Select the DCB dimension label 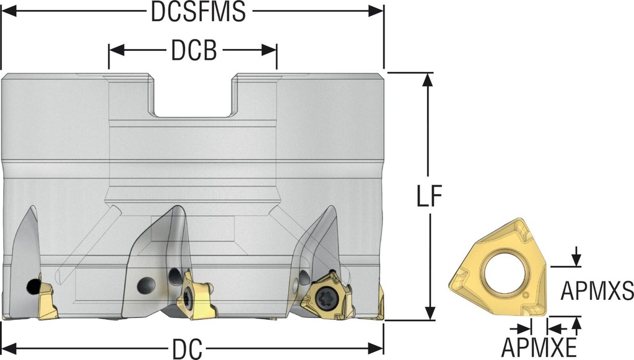click(194, 52)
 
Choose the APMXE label click(539, 346)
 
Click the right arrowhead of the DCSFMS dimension click(378, 12)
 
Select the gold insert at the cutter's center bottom click(199, 299)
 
